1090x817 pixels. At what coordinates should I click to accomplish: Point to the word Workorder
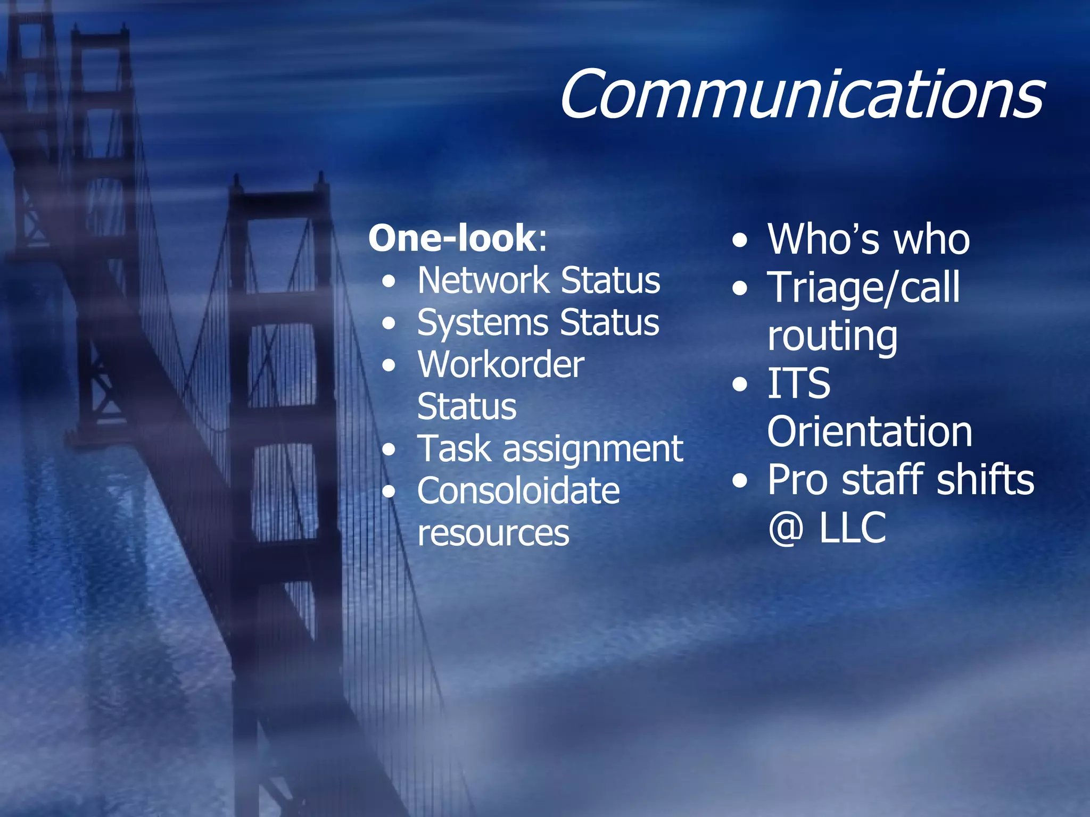click(501, 365)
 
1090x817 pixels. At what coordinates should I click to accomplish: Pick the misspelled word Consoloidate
click(518, 490)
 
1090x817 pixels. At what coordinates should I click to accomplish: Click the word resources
click(493, 533)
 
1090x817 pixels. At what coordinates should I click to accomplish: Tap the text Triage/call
click(863, 288)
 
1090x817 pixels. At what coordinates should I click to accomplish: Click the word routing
click(832, 337)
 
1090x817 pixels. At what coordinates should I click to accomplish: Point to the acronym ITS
click(798, 384)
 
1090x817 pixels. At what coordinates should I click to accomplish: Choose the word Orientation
click(870, 431)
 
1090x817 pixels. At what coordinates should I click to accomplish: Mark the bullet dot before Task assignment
click(390, 450)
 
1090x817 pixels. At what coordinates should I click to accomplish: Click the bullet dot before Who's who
click(740, 240)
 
